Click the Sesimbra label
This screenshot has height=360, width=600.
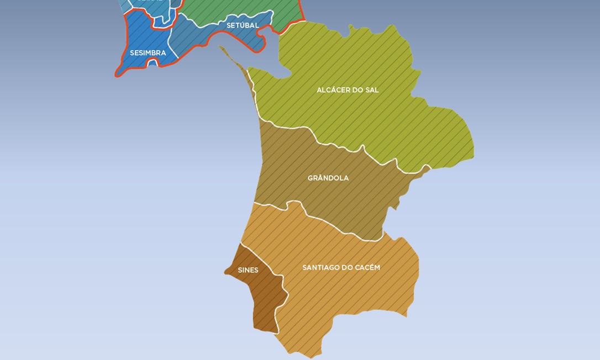[148, 53]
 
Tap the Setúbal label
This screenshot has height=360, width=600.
[243, 25]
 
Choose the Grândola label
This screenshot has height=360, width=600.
[328, 178]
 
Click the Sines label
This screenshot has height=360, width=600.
[248, 270]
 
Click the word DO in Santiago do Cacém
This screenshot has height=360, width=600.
[348, 268]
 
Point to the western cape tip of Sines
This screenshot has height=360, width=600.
[225, 272]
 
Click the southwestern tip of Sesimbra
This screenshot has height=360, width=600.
[117, 75]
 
